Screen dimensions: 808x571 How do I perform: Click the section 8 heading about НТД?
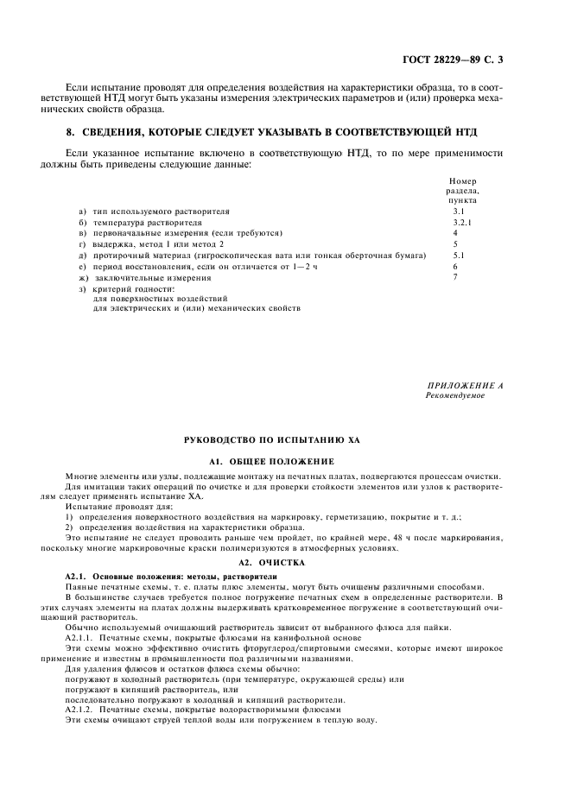point(285,132)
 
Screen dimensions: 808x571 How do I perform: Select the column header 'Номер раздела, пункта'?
point(462,191)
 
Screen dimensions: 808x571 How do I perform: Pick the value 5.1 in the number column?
point(459,256)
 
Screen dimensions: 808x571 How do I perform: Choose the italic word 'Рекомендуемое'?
point(455,395)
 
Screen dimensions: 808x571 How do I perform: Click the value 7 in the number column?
point(455,278)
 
